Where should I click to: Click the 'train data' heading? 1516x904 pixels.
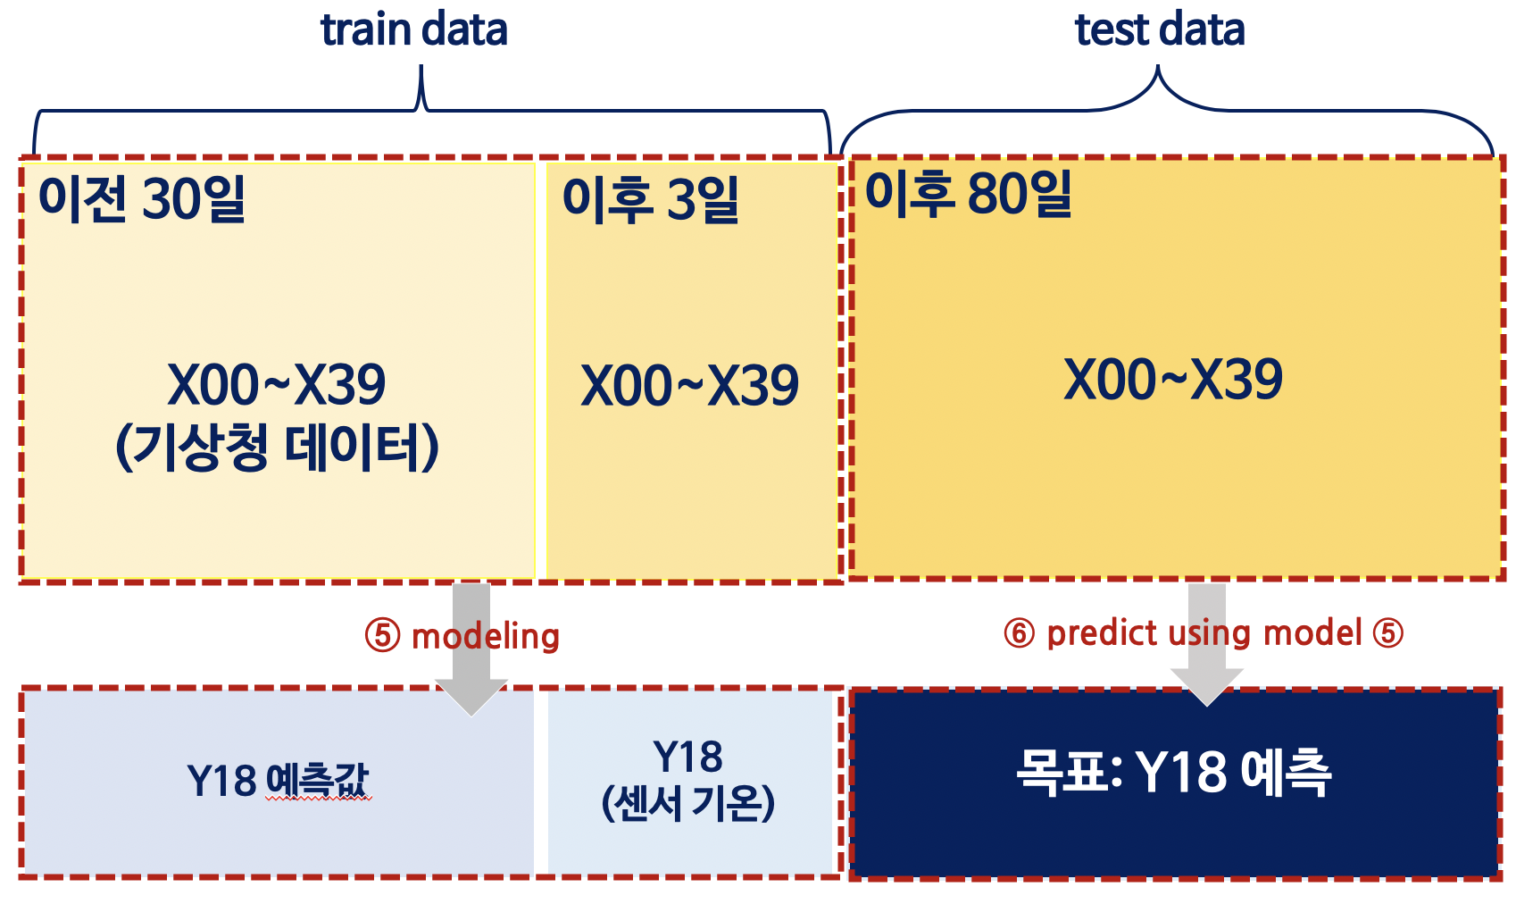(413, 29)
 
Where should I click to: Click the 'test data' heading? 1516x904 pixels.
(1159, 29)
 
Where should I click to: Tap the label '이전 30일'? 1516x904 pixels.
(142, 198)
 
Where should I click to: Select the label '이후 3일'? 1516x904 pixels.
(650, 198)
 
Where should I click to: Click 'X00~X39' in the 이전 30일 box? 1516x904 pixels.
(276, 385)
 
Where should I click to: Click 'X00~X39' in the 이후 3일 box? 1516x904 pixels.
(689, 385)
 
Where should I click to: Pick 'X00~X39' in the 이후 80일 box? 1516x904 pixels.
(1172, 380)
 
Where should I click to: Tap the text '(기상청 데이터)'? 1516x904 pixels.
(277, 447)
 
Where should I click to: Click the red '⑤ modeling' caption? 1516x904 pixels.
(462, 636)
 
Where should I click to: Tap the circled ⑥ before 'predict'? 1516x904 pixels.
(1019, 633)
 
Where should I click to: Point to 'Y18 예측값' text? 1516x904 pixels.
(277, 780)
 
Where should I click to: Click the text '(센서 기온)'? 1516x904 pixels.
(687, 803)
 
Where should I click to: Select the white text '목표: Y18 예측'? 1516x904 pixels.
(1173, 773)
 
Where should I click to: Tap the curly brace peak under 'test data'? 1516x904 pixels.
(1158, 76)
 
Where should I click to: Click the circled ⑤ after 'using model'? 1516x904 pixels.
(1387, 633)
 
